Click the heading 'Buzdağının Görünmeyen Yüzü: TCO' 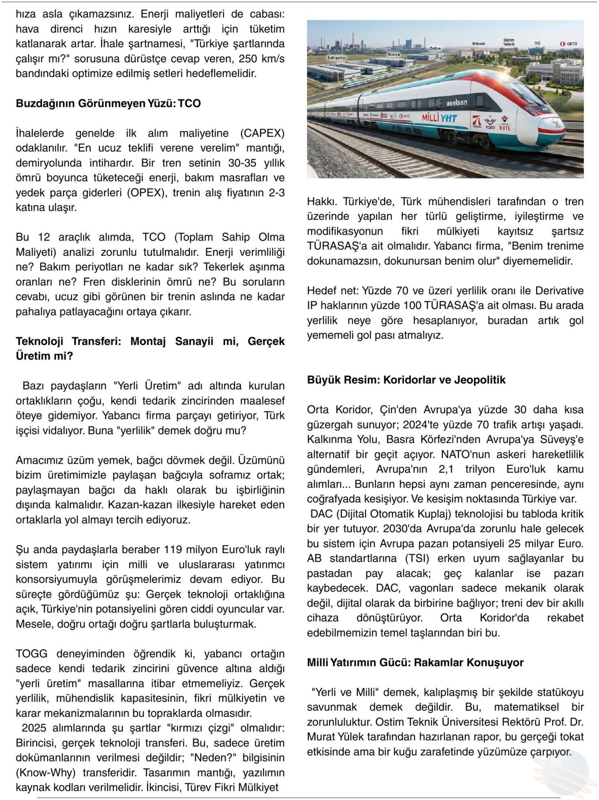108,103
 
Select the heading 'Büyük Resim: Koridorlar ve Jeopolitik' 406,380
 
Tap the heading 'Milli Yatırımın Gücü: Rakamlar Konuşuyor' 415,663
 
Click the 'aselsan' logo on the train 456,103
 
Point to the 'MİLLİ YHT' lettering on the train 439,118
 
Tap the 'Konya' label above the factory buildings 393,54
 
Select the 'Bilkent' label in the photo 478,44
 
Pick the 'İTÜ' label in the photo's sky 537,43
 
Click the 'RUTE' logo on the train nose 504,128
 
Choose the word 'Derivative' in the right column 559,291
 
